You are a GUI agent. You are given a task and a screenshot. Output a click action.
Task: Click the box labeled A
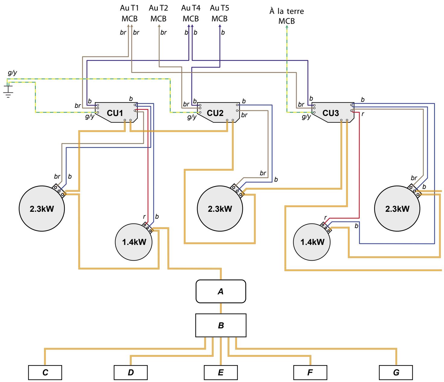tap(221, 291)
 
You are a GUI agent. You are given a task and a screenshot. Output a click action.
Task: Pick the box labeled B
tap(221, 325)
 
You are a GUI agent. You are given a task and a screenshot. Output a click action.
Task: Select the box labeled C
tap(45, 373)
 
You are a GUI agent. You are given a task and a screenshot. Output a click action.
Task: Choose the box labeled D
tap(131, 373)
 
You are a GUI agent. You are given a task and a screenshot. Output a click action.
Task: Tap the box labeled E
tap(221, 373)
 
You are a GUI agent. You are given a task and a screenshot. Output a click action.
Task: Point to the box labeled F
tap(310, 373)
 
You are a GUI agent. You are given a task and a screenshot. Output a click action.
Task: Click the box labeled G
tap(396, 373)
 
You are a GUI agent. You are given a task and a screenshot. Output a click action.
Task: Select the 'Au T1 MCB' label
tap(130, 14)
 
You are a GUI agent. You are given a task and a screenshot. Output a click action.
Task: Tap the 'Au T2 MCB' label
tap(159, 14)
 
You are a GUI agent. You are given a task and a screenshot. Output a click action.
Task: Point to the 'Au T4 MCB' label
tap(191, 14)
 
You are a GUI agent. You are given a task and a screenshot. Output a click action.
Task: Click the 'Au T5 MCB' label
tap(219, 14)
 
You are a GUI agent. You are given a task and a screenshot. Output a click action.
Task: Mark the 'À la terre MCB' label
tap(287, 17)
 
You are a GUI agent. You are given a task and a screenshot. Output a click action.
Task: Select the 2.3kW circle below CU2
tap(220, 208)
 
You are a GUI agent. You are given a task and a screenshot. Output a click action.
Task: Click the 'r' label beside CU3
tap(363, 115)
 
